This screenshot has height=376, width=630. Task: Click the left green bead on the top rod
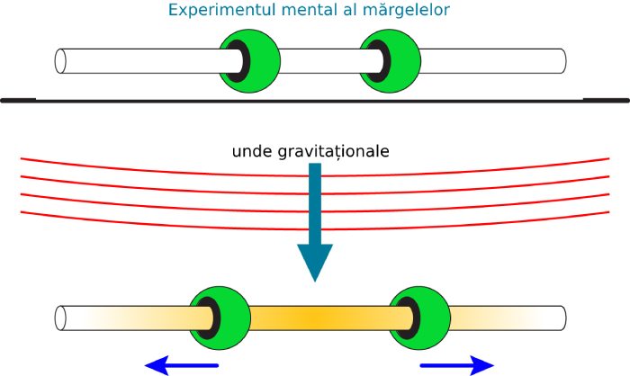point(248,60)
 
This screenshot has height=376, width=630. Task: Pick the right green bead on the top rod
point(388,60)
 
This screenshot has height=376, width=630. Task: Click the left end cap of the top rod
point(61,60)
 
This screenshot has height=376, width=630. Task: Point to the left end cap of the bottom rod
point(61,318)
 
